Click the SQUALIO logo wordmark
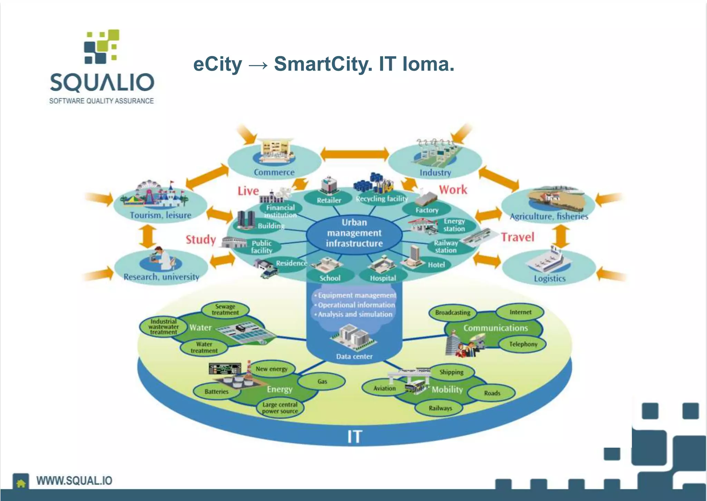click(102, 82)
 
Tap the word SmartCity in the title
click(323, 64)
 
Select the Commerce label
click(274, 172)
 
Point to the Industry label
click(435, 173)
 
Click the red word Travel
click(517, 237)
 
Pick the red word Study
click(201, 239)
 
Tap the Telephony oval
click(523, 344)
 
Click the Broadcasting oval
click(453, 313)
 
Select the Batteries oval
click(216, 392)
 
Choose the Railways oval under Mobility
click(440, 408)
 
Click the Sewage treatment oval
click(225, 309)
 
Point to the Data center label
click(354, 356)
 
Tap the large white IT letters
click(355, 437)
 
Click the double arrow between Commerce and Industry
click(355, 154)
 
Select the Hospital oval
click(383, 278)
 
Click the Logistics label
click(549, 278)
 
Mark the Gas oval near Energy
click(322, 381)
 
